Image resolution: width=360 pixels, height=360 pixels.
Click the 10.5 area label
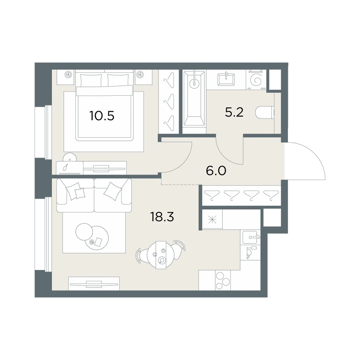click(102, 116)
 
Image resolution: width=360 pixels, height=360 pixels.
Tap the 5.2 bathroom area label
click(234, 112)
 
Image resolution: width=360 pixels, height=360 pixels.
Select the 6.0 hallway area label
click(216, 171)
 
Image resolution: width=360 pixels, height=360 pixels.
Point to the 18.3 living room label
click(162, 216)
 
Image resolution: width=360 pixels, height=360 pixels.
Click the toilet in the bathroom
click(265, 113)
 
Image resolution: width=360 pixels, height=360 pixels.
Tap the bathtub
click(194, 99)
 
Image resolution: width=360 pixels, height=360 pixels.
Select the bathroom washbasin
click(226, 79)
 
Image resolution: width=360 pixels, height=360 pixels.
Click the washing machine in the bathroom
click(256, 80)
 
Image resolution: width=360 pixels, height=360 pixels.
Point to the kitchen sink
click(251, 237)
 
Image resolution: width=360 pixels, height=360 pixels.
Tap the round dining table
click(161, 255)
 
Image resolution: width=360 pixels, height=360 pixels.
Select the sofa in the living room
click(94, 195)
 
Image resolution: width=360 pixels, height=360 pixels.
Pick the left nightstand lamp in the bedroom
click(68, 75)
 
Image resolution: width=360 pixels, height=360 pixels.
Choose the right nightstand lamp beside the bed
click(140, 75)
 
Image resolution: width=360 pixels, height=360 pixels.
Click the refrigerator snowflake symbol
click(212, 220)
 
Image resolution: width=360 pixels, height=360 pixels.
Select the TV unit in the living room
click(94, 284)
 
